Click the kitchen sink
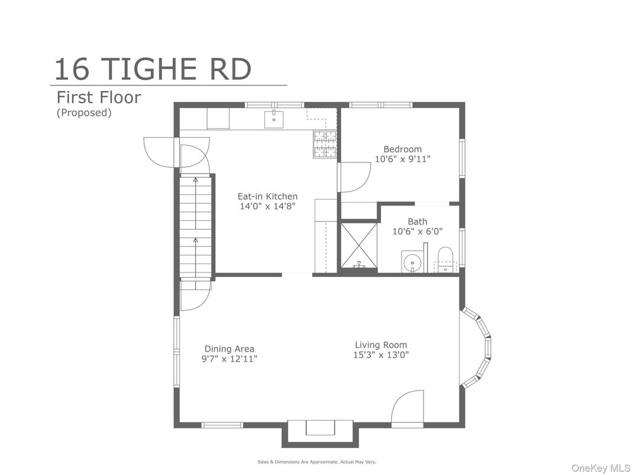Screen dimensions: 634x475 (274, 118)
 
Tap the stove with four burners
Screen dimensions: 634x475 (325, 144)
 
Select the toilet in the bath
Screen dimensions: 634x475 (445, 259)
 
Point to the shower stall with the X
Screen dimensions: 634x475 (359, 245)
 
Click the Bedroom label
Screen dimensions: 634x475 (402, 149)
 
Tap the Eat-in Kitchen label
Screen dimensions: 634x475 (267, 196)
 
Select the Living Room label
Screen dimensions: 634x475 (381, 345)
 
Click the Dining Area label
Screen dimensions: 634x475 (229, 349)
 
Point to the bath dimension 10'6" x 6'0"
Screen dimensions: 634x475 (418, 232)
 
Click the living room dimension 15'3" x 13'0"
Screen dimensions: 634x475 (381, 355)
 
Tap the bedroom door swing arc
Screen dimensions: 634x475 (364, 181)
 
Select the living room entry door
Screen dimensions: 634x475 (407, 408)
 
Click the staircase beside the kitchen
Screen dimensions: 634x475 (196, 226)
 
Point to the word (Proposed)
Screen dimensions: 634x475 (84, 112)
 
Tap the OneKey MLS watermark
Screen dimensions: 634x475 (601, 468)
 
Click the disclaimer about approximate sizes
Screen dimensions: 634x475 (316, 461)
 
